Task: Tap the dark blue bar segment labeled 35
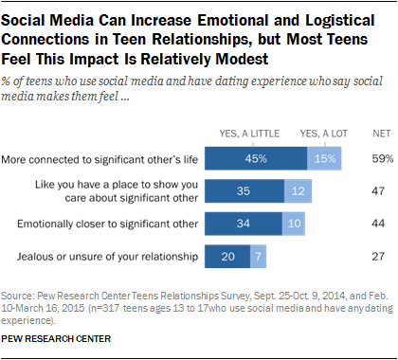pos(242,189)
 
